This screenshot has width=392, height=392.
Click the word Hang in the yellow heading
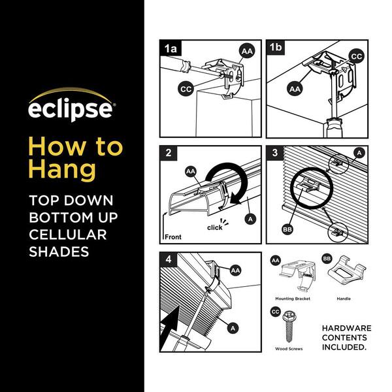pyautogui.click(x=62, y=170)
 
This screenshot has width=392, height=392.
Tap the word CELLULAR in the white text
pyautogui.click(x=68, y=235)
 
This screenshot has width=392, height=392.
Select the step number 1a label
pyautogui.click(x=171, y=48)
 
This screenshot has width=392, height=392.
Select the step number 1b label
pyautogui.click(x=276, y=47)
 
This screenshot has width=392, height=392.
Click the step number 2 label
pyautogui.click(x=169, y=152)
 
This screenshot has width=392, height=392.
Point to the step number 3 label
pyautogui.click(x=275, y=152)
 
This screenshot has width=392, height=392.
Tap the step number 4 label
pyautogui.click(x=169, y=259)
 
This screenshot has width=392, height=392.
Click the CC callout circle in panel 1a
pyautogui.click(x=186, y=89)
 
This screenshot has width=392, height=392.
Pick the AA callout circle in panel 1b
pyautogui.click(x=295, y=89)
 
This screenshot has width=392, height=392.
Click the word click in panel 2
pyautogui.click(x=215, y=227)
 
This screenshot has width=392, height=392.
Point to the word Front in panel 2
pyautogui.click(x=173, y=237)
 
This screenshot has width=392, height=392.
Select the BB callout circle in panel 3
pyautogui.click(x=287, y=229)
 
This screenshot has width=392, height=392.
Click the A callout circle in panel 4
pyautogui.click(x=233, y=328)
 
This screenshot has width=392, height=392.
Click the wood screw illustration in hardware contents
pyautogui.click(x=289, y=327)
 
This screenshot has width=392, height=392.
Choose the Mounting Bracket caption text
pyautogui.click(x=293, y=299)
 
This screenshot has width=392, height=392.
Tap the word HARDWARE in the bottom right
pyautogui.click(x=346, y=328)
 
